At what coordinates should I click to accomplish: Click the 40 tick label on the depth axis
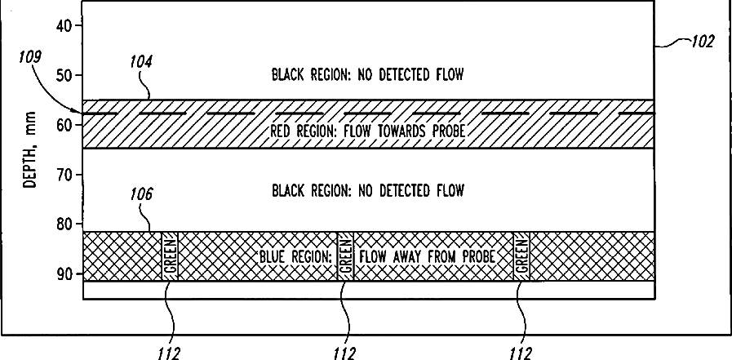coord(64,25)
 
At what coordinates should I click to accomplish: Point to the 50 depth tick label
coord(64,75)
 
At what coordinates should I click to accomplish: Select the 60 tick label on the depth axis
coord(64,124)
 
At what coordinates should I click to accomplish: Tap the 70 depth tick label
coord(64,174)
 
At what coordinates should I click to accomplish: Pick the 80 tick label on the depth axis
coord(64,224)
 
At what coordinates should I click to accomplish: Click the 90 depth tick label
coord(64,273)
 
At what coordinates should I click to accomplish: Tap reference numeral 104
coord(141,61)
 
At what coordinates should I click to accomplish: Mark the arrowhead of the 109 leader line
coord(80,111)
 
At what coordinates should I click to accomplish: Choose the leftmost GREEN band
coord(170,256)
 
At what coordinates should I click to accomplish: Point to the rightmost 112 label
coord(520,353)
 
